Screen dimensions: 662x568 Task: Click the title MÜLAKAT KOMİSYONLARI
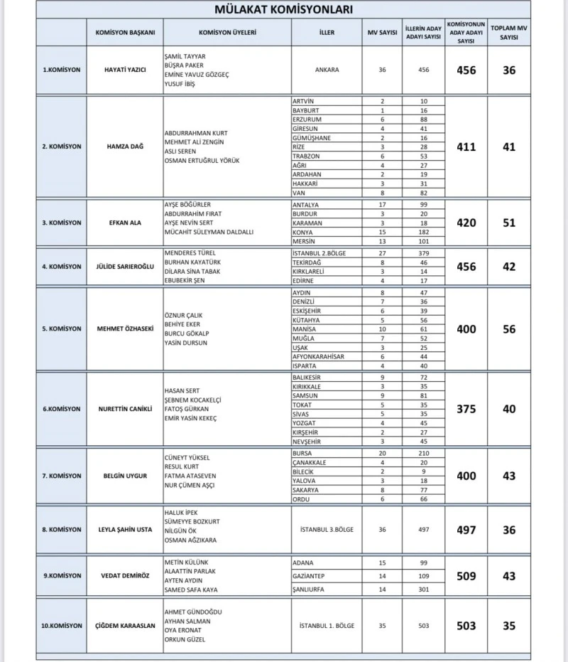[x=283, y=10]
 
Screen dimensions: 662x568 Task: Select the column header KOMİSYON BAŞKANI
[x=125, y=33]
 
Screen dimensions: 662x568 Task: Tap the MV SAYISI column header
[x=382, y=33]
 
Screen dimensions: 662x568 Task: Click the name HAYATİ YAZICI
[x=125, y=70]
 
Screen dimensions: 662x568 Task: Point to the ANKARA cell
[x=327, y=70]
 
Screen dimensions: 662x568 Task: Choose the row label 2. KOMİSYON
[x=61, y=146]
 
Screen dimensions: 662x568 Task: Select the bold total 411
[x=466, y=147]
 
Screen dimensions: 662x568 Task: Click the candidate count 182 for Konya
[x=424, y=232]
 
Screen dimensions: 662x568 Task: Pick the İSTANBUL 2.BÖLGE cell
[x=320, y=252]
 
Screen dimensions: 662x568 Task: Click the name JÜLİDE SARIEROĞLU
[x=125, y=267]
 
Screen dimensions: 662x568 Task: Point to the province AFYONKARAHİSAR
[x=318, y=356]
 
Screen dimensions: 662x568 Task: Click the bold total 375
[x=466, y=409]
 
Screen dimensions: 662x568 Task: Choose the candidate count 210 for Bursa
[x=424, y=453]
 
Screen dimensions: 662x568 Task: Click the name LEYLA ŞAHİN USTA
[x=125, y=530]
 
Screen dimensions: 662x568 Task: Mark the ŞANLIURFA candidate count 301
[x=424, y=589]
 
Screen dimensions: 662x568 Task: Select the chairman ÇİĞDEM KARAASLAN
[x=125, y=626]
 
